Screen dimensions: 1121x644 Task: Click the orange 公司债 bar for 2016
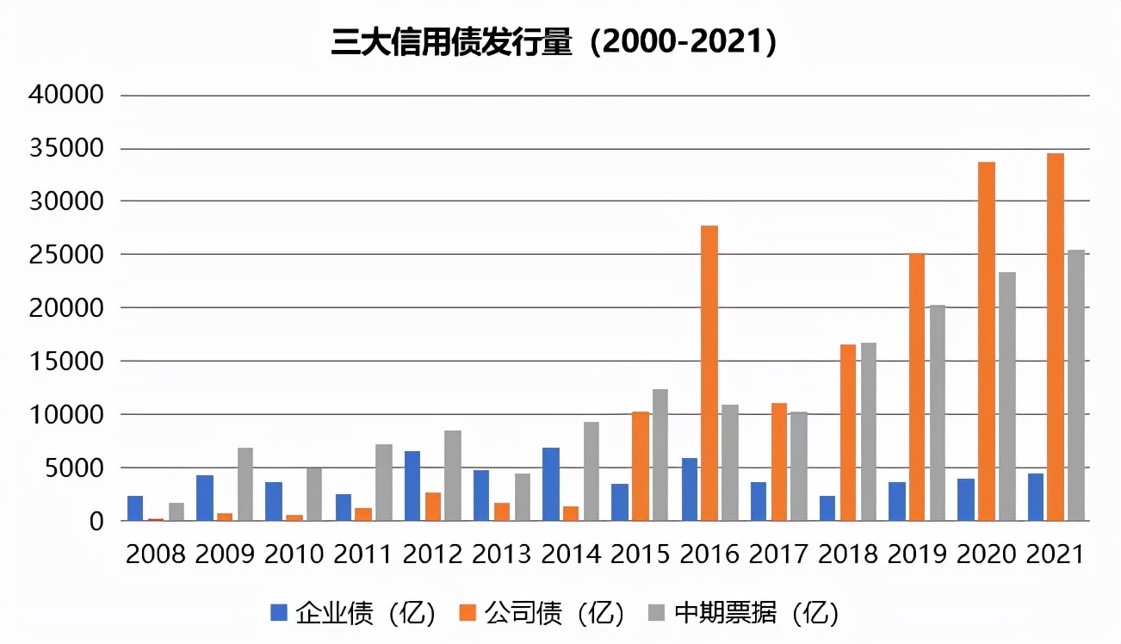click(x=709, y=374)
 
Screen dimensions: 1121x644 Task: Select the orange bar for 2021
click(x=1056, y=337)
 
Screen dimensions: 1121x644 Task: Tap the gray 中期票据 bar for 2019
click(x=938, y=413)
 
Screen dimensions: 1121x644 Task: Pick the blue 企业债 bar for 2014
click(x=551, y=485)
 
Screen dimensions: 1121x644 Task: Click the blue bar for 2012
click(x=412, y=486)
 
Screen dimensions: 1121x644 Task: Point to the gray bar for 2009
click(x=245, y=485)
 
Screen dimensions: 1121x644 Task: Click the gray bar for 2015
click(x=660, y=455)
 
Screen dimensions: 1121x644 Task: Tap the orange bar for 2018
click(x=848, y=433)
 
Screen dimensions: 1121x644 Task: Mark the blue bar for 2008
click(x=135, y=509)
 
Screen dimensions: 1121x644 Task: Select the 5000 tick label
click(x=73, y=468)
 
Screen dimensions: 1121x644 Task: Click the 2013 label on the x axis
click(x=502, y=554)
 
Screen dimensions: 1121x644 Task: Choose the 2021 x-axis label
click(x=1056, y=554)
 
